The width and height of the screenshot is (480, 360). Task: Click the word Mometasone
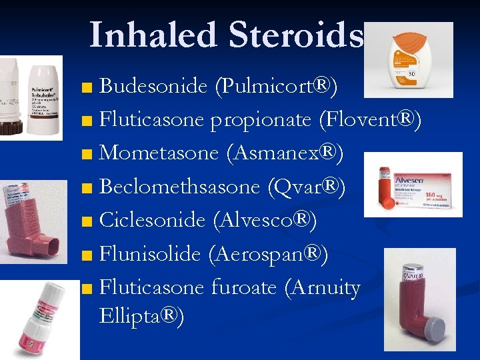[x=159, y=153]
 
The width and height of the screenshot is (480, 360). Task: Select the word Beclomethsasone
[x=179, y=187]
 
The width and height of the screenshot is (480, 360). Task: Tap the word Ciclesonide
[x=152, y=220]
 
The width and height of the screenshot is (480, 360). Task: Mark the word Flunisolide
[x=150, y=253]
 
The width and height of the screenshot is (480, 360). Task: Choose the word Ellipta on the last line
[x=135, y=315]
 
